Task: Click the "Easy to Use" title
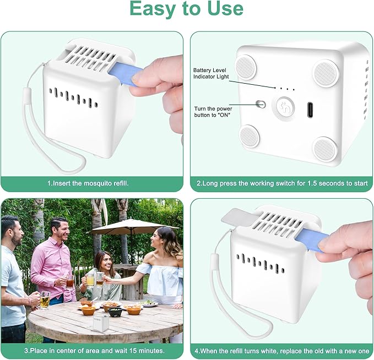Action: [187, 9]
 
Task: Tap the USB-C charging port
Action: [310, 110]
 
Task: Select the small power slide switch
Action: [261, 104]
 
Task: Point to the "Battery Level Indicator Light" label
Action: [211, 73]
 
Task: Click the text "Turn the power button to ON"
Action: [213, 112]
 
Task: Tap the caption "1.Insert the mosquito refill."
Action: [88, 183]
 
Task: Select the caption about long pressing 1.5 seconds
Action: [282, 183]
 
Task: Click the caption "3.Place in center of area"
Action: [94, 351]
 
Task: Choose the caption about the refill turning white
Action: [282, 351]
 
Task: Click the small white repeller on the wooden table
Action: [101, 324]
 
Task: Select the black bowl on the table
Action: [115, 312]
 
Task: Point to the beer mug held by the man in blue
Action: [45, 301]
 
